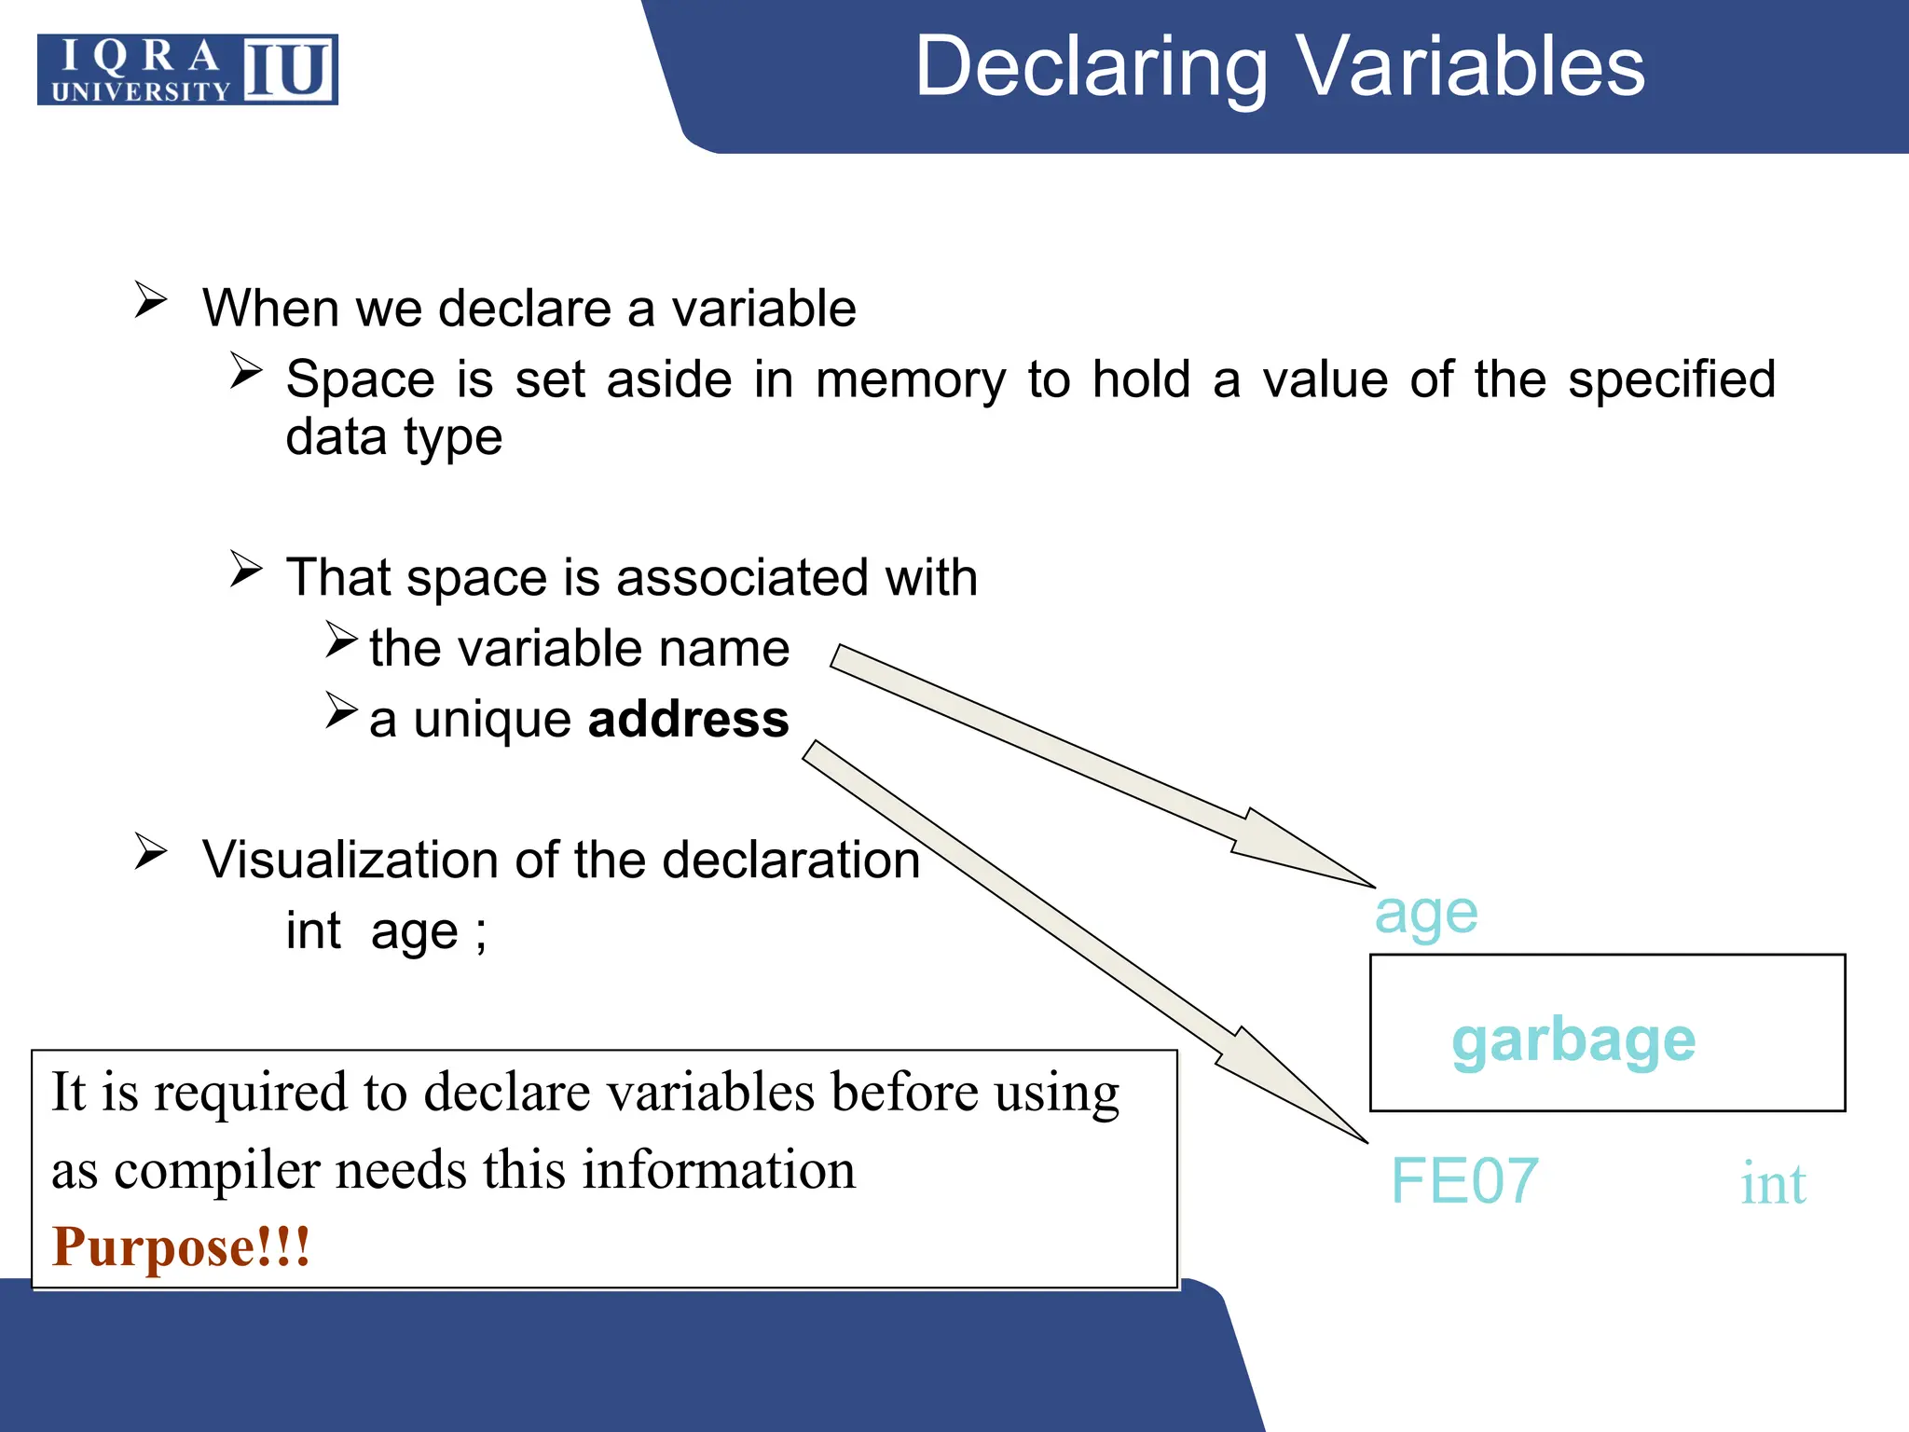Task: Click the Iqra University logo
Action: coord(187,70)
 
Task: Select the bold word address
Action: coord(688,720)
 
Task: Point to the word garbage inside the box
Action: coord(1573,1041)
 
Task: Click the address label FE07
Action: coord(1464,1181)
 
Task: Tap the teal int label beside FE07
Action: coord(1773,1184)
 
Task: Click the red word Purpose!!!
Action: coord(181,1246)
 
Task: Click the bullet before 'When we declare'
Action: coord(150,300)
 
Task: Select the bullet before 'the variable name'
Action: coord(341,640)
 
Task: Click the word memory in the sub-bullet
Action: coord(910,381)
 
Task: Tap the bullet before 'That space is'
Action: coord(246,569)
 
